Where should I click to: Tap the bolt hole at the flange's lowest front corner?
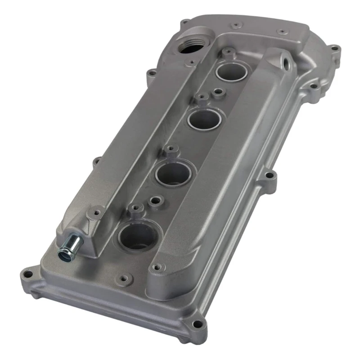pos(196,323)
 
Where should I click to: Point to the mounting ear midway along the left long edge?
pos(96,161)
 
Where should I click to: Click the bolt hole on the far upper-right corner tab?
pos(333,48)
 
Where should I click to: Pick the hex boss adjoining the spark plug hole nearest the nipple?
pos(135,208)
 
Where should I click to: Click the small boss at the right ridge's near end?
pos(156,268)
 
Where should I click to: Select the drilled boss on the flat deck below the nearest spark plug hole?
pos(126,278)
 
